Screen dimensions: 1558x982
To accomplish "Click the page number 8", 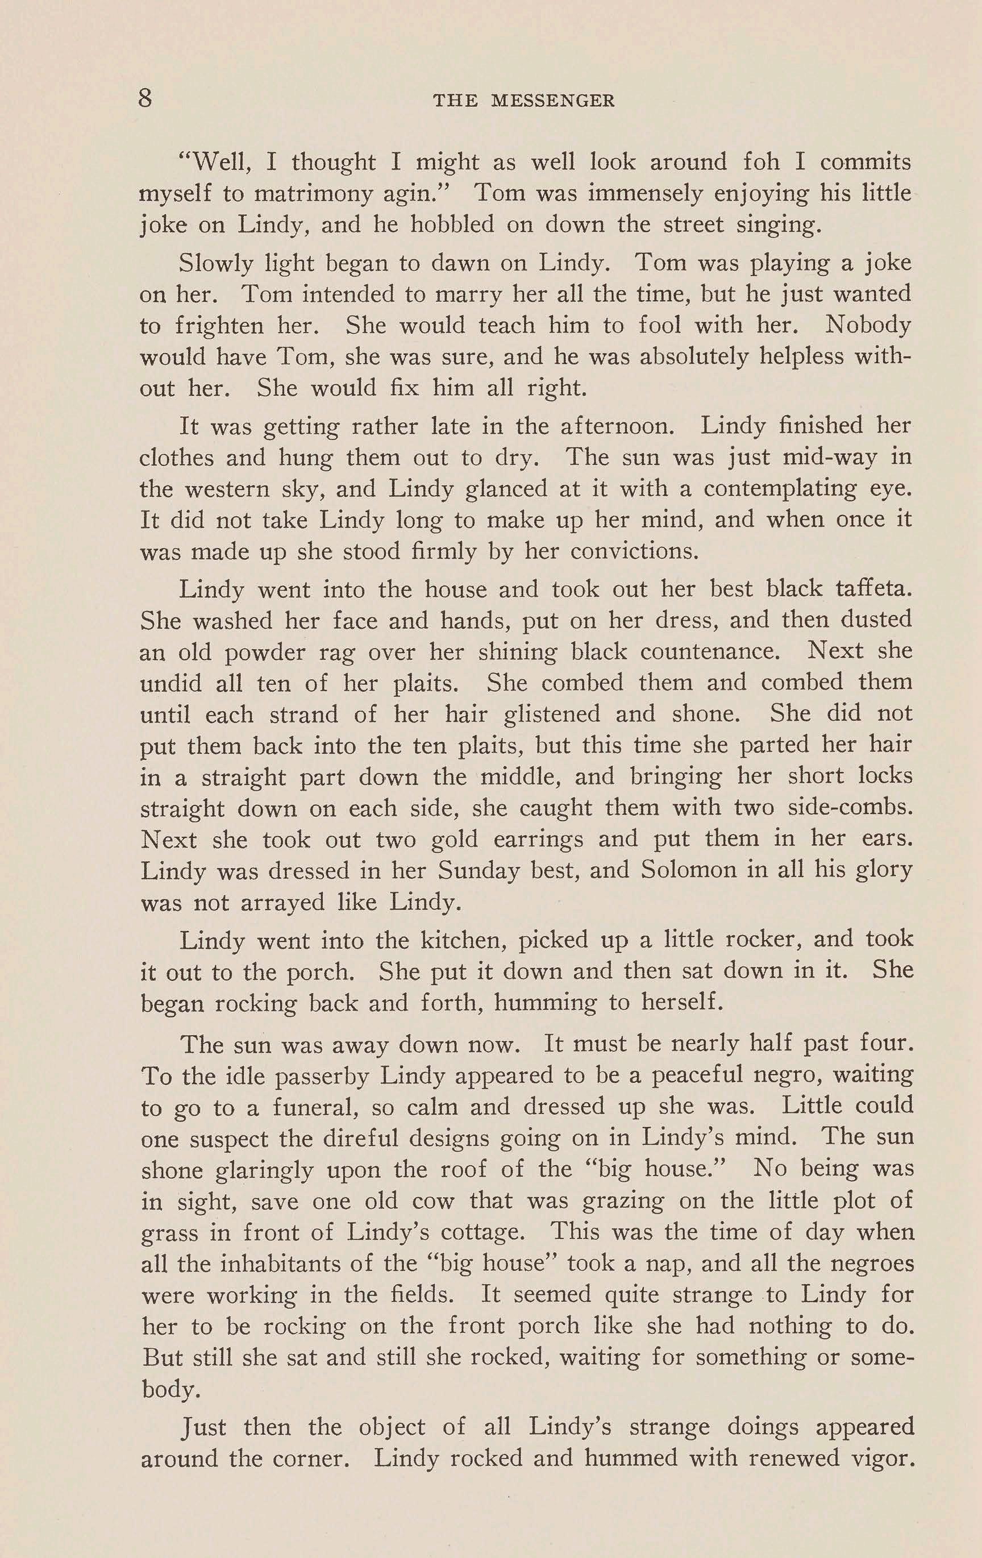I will pyautogui.click(x=145, y=98).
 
